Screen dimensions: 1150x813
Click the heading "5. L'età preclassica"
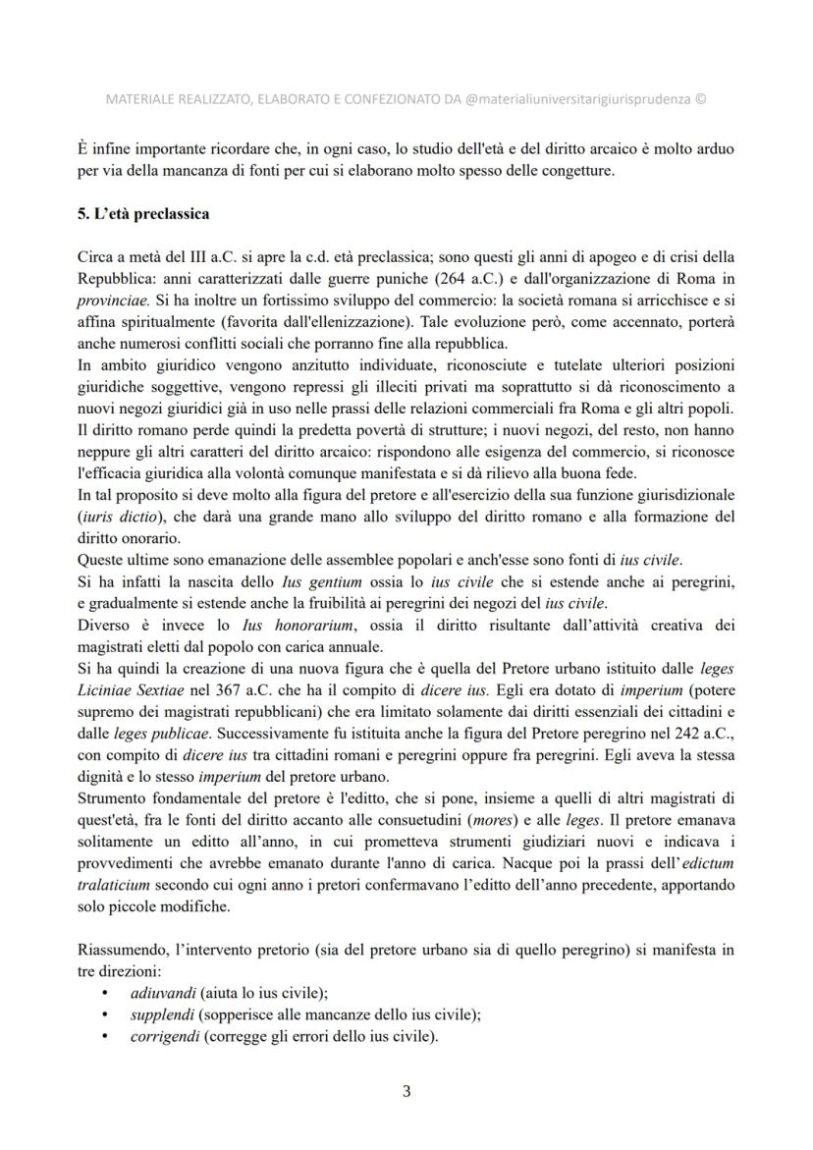(x=142, y=213)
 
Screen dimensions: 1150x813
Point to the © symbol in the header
(x=700, y=99)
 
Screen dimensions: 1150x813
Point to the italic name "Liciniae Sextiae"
(x=134, y=691)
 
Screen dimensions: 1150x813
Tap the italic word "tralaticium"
(x=117, y=884)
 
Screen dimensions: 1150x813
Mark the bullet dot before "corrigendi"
(x=105, y=1035)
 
